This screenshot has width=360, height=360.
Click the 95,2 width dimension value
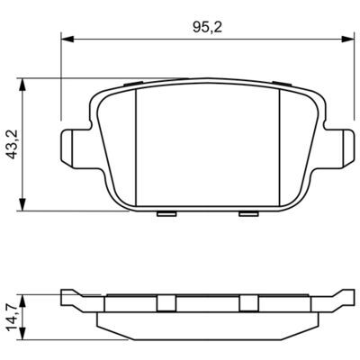[207, 28]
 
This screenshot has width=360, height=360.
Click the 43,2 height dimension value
[13, 144]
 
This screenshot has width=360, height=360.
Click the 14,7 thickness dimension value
[13, 318]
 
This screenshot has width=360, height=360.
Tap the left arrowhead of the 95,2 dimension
[67, 39]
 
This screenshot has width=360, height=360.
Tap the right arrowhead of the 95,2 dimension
[348, 39]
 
